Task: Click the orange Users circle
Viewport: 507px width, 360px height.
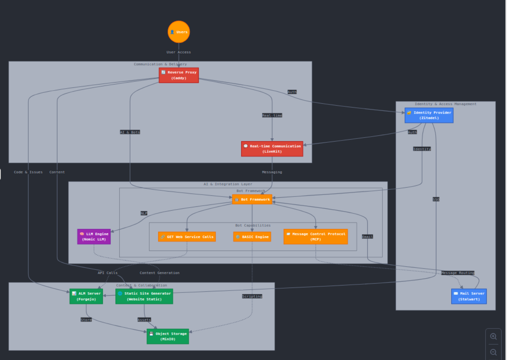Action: [179, 32]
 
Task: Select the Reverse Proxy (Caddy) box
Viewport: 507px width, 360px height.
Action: [179, 75]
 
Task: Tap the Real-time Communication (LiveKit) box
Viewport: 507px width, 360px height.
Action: [272, 149]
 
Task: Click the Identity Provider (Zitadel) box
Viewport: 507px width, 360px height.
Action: [429, 115]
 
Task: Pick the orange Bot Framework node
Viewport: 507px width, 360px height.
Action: [252, 200]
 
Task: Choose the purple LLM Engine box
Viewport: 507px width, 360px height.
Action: [94, 236]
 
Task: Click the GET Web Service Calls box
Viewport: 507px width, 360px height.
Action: [187, 237]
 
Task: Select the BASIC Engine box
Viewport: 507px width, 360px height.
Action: [252, 237]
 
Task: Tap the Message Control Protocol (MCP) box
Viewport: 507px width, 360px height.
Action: [316, 236]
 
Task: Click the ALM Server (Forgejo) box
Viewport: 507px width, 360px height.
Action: [86, 296]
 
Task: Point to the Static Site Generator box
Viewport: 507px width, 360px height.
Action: [144, 296]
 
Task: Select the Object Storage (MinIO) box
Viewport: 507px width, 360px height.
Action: [168, 336]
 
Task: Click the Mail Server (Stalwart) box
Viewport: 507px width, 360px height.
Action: [469, 296]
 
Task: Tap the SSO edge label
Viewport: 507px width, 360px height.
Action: [436, 200]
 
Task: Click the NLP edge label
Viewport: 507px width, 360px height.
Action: [144, 213]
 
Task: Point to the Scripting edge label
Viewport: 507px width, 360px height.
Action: [252, 296]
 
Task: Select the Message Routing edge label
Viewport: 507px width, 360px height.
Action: [458, 273]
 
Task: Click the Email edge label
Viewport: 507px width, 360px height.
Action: [367, 237]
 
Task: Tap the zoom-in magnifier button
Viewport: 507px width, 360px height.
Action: [494, 337]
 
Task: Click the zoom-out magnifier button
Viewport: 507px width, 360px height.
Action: [494, 352]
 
